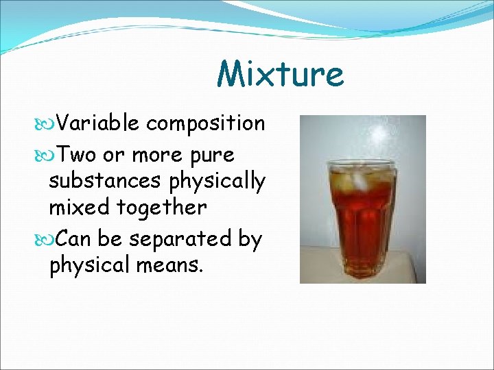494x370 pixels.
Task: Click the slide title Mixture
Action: point(280,74)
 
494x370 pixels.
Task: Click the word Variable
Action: point(97,123)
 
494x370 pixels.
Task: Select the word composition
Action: point(205,124)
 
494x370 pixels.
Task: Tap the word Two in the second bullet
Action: point(76,155)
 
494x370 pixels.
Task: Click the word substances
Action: point(104,181)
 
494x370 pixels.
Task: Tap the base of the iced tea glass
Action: point(362,272)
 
